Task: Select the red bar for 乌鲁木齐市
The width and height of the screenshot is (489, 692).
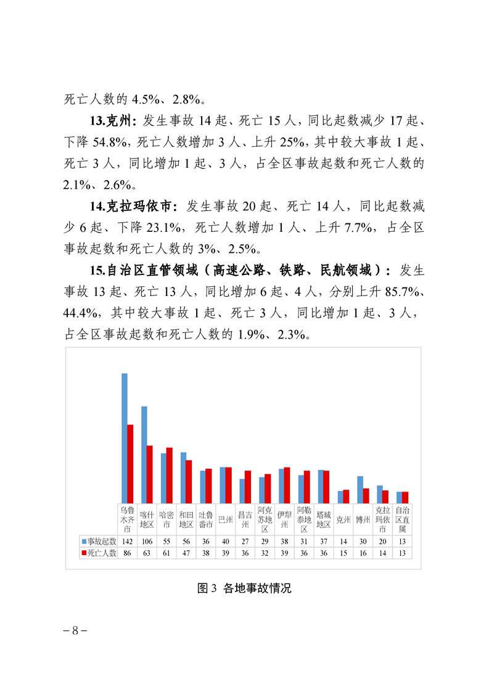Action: point(131,464)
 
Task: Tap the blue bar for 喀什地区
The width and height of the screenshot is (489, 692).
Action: point(144,455)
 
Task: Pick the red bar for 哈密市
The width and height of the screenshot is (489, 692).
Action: point(170,476)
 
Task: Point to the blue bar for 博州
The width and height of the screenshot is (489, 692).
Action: point(360,490)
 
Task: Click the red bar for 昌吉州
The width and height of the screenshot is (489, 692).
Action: point(248,487)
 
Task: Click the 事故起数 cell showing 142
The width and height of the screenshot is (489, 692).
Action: point(128,541)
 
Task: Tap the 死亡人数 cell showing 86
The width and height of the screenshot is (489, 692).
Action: point(128,553)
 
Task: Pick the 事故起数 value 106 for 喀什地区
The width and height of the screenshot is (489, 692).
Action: point(147,541)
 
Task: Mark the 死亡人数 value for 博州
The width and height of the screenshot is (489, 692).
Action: point(363,553)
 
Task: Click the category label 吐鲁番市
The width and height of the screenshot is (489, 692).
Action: point(206,520)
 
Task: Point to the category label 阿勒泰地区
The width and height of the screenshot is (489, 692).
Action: point(304,520)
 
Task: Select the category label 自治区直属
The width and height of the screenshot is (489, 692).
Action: point(402,520)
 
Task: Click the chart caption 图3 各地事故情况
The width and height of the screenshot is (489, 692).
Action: point(244,588)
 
